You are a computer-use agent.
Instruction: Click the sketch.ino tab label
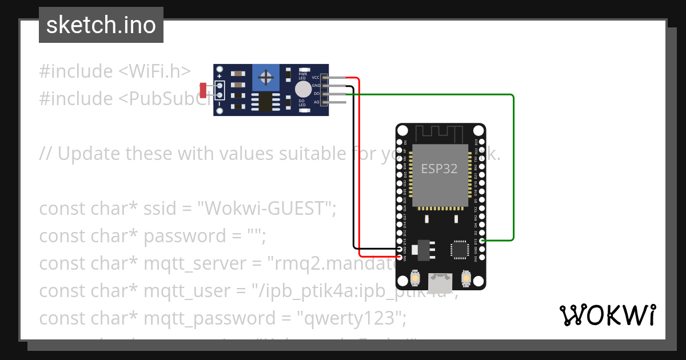[101, 25]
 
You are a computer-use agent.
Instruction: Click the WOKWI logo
[607, 315]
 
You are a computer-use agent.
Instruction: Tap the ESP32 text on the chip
[439, 169]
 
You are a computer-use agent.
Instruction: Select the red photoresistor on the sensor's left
[203, 90]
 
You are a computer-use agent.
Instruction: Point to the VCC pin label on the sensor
[316, 77]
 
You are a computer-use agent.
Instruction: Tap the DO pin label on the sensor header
[316, 94]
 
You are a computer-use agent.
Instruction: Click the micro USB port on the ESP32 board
[439, 281]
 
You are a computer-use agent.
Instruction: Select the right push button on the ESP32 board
[465, 279]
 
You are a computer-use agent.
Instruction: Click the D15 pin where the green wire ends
[482, 241]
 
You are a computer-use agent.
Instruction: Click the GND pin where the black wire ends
[398, 249]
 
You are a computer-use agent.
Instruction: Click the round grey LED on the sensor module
[303, 89]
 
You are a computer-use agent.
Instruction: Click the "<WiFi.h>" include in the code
[154, 71]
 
